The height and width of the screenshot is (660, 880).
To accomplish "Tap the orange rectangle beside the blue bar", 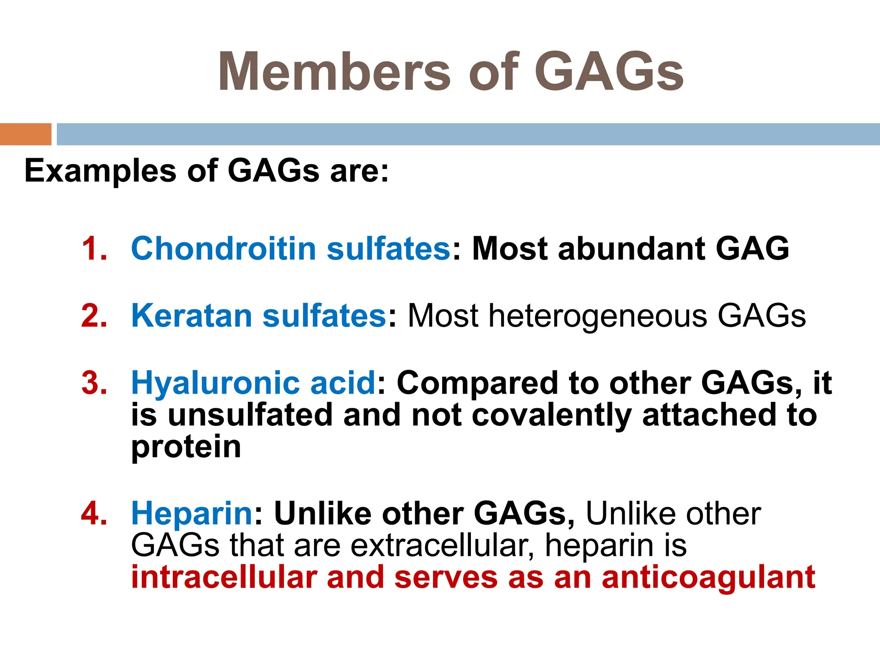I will point(25,134).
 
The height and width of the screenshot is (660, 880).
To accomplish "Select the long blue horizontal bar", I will point(467,134).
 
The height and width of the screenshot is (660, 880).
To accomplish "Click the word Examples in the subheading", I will point(100,171).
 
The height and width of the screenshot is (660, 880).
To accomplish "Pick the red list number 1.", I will point(94,249).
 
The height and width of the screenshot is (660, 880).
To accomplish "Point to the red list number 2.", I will point(94,316).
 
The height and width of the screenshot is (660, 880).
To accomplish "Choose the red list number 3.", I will point(94,383).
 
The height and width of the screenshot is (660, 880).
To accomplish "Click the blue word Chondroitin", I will point(223,249).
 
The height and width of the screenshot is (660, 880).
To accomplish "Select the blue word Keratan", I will point(192,316).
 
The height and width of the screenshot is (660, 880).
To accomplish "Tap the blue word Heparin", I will point(192,514).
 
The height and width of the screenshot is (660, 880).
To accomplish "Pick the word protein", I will point(186,448).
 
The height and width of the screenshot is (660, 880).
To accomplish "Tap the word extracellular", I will point(442,546).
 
